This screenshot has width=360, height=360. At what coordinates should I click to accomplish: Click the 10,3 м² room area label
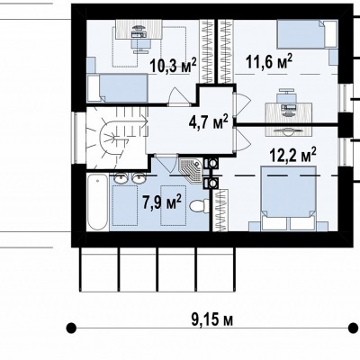coord(173,66)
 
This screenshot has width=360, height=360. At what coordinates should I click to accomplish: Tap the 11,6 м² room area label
coord(269,61)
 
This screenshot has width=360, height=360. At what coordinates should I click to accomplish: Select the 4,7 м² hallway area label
coord(208,122)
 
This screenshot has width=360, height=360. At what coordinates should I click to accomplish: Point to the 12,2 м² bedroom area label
coord(292,155)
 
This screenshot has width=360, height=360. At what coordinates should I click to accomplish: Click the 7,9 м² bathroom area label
coord(162,202)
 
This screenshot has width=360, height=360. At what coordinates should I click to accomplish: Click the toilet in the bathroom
coord(199,206)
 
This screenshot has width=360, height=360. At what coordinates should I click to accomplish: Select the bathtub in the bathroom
coord(98,202)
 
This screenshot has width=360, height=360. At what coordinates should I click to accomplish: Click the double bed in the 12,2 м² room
coord(288,198)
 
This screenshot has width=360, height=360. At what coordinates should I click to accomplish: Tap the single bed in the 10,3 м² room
coord(118,88)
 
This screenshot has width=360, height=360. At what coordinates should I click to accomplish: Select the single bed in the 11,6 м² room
coord(307,34)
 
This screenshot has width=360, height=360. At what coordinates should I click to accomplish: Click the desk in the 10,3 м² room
coord(139,29)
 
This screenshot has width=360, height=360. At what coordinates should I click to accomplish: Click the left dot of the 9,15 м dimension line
coord(70,328)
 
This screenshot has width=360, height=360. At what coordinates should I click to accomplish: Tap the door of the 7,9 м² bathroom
coord(166,165)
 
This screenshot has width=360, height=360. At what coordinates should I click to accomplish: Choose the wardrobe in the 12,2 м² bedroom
coord(220,210)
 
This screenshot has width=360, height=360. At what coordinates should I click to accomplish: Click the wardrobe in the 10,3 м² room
coord(206,51)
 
